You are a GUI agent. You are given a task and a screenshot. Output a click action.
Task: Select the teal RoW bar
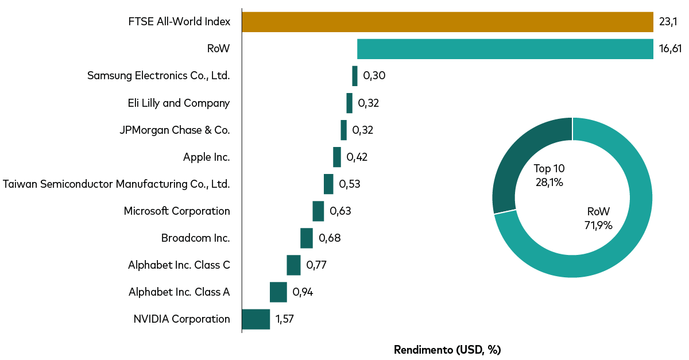(505, 49)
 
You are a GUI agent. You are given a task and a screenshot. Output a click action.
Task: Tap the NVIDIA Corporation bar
(256, 319)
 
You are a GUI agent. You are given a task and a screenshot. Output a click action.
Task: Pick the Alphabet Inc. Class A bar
(278, 292)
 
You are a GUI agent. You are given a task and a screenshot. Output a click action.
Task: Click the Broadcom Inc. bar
(307, 238)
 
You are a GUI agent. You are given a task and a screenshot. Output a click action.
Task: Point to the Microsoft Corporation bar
(318, 211)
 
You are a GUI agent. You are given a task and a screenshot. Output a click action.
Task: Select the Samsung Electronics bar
(355, 76)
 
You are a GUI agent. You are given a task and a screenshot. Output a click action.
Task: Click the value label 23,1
(668, 22)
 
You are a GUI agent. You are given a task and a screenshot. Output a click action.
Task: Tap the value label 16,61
(670, 49)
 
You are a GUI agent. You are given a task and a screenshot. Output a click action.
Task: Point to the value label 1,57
(285, 319)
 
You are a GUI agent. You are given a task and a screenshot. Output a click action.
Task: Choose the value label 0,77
(317, 265)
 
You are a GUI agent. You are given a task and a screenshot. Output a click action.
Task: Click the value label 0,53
(350, 184)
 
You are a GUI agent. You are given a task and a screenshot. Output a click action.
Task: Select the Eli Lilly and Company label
(179, 103)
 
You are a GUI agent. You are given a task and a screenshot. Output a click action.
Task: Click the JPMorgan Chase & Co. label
(175, 130)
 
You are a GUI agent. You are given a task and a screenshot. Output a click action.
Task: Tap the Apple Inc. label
(206, 157)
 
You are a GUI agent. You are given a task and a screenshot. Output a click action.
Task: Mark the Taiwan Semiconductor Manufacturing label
(116, 184)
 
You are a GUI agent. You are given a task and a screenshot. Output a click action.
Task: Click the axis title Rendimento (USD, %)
(447, 350)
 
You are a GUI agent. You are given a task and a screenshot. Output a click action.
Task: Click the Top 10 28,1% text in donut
(549, 175)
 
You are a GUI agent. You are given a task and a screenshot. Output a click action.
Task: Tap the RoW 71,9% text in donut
(598, 218)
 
